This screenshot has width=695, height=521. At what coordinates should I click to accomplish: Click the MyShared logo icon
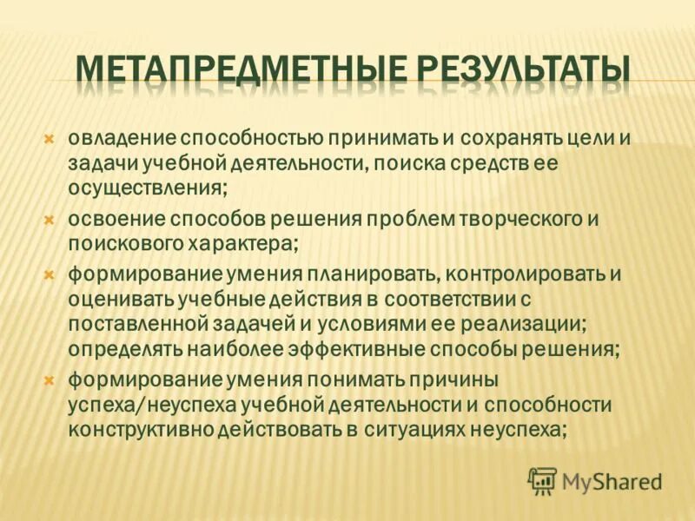(x=542, y=480)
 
